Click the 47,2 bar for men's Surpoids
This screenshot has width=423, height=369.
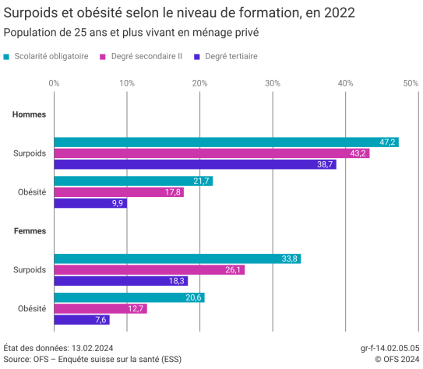point(226,142)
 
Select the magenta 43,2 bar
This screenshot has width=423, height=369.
point(211,153)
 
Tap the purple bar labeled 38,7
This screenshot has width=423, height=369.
point(195,165)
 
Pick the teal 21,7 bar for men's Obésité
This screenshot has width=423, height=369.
point(132,181)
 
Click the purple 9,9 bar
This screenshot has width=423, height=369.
point(90,203)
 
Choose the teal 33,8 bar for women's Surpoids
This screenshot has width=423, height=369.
point(177,258)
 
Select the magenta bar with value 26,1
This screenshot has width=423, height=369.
point(149,270)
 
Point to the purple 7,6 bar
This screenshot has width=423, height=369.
point(81,320)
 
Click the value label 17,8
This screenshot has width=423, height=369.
point(172,192)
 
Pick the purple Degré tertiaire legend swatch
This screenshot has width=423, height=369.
point(197,57)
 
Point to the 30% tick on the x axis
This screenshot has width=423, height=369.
point(273,83)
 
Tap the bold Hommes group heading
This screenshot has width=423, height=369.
point(29,114)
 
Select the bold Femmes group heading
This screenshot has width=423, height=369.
point(29,231)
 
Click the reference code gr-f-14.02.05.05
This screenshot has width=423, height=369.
point(390,348)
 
